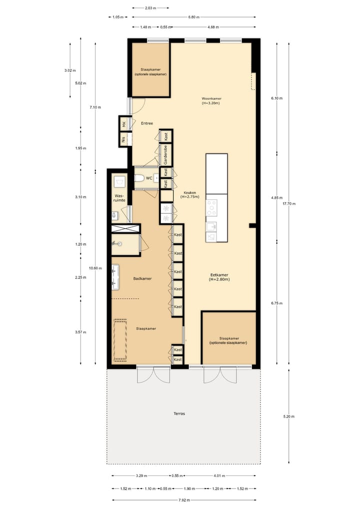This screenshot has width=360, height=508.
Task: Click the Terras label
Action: [x=179, y=414]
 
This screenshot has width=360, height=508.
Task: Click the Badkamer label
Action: [x=142, y=278]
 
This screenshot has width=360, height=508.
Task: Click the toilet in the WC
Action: [x=139, y=177]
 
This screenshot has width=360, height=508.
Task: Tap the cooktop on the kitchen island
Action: [x=212, y=207]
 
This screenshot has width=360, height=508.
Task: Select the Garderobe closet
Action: [x=165, y=155]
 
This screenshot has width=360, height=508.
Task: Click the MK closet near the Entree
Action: [x=123, y=123]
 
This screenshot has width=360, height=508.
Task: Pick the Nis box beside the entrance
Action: [x=123, y=139]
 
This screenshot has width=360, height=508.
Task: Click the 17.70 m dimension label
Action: [x=288, y=203]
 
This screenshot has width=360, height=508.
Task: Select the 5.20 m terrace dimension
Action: [x=288, y=416]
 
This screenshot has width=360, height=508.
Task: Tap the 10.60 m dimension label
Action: [x=95, y=268]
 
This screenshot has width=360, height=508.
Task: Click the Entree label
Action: [x=146, y=123]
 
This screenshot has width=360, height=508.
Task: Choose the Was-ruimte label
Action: [x=119, y=198]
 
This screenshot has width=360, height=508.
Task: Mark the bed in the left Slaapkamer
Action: [x=120, y=340]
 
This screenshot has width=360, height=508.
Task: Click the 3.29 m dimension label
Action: [x=141, y=476]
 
